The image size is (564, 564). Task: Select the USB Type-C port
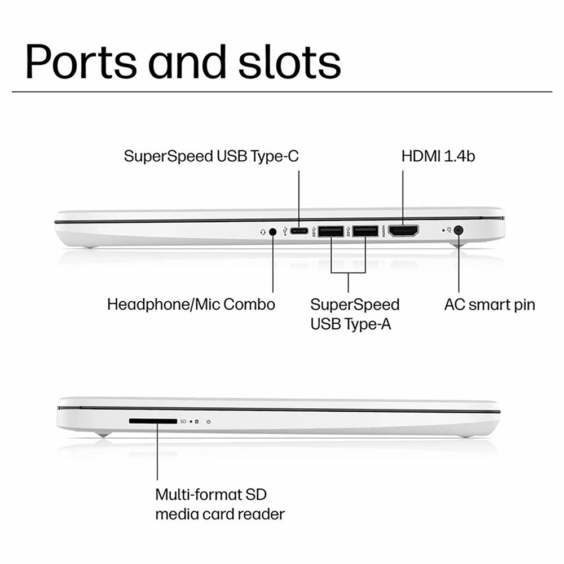click(x=299, y=231)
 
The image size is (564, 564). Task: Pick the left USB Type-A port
click(x=331, y=231)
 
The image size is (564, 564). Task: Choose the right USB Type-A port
click(x=365, y=231)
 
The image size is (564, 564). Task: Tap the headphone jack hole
click(x=273, y=231)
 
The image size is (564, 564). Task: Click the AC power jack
click(x=459, y=230)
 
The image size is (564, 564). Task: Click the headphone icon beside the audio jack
click(x=263, y=231)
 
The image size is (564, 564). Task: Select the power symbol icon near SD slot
click(x=209, y=421)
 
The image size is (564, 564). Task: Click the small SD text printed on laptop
click(x=183, y=421)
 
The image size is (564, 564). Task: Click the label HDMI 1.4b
click(x=438, y=156)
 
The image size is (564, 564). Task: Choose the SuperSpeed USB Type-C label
click(x=211, y=156)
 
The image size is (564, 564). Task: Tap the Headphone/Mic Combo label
click(x=191, y=305)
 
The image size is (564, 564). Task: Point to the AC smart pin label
click(x=490, y=305)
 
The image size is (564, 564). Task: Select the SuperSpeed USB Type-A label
click(x=355, y=314)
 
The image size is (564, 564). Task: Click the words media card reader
click(x=220, y=514)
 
